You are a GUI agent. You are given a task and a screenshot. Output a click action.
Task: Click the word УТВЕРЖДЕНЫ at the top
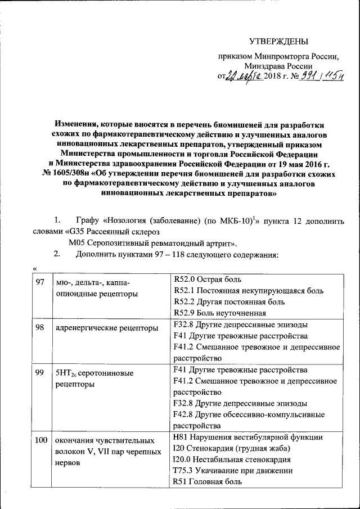[x=279, y=41]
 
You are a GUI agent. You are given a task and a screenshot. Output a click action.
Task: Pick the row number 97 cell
[x=40, y=281]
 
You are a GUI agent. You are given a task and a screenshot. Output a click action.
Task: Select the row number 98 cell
[x=40, y=327]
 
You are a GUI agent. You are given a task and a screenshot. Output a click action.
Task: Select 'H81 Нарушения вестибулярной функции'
[x=249, y=437]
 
